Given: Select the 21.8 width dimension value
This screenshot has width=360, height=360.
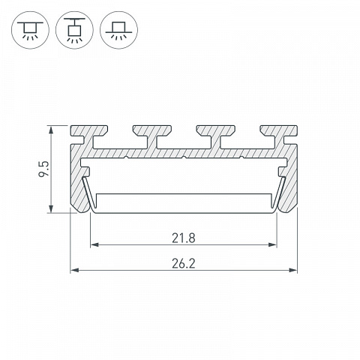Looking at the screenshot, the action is coord(183,238).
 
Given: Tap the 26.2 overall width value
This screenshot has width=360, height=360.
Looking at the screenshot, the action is coord(183,263).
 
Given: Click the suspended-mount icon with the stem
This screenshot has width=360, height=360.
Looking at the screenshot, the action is coord(74,30).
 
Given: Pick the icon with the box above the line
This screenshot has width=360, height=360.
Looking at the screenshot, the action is coord(118,30).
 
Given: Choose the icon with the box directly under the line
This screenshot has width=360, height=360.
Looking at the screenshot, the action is coord(30,30).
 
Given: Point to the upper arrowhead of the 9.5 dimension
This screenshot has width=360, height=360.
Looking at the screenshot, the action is coord(51,130).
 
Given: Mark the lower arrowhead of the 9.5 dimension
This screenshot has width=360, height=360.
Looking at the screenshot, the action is coord(51,208).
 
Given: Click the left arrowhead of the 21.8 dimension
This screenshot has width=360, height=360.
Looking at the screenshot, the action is coord(94,244).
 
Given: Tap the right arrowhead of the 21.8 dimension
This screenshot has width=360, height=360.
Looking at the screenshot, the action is coord(273,244).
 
